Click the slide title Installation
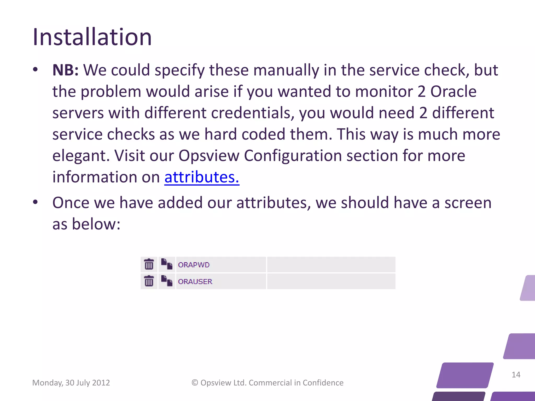pos(92,37)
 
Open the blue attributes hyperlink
pos(202,177)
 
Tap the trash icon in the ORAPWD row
pos(149,264)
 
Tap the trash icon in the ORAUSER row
pos(149,281)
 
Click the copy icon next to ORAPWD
pos(167,264)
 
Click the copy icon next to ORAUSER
pos(167,281)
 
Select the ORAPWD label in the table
pos(194,265)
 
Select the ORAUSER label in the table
pos(195,281)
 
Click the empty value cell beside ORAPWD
pos(331,264)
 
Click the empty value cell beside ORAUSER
pos(331,281)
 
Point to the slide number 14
pos(516,375)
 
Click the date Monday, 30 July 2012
pos(71,383)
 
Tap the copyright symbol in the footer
pos(195,383)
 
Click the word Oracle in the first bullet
pos(453,91)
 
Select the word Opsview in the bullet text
pos(209,156)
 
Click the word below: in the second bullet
pos(96,224)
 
